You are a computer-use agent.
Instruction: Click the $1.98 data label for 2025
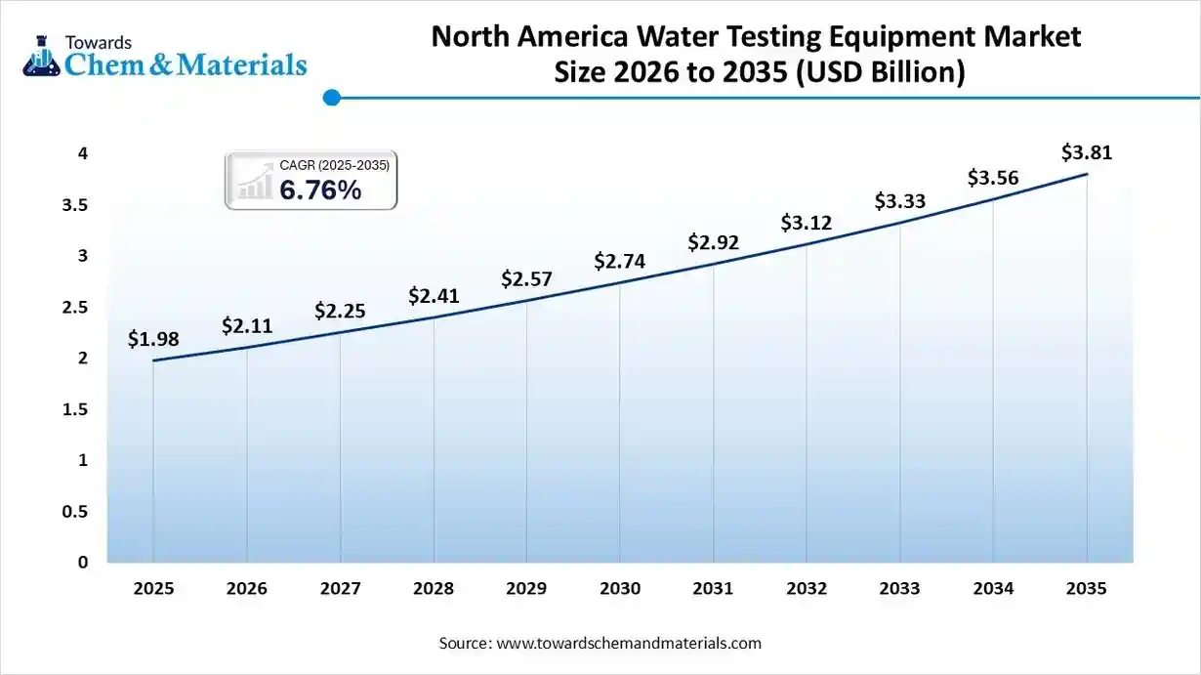point(153,339)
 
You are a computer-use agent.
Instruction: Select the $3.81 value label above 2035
point(1087,153)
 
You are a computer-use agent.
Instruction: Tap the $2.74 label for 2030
point(620,261)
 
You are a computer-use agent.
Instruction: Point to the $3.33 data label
point(899,201)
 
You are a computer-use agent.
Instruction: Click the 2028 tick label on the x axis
point(434,589)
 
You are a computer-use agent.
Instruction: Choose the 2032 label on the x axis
point(807,589)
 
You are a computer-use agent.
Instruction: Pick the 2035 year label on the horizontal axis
point(1087,589)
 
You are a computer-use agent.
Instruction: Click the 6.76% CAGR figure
point(320,190)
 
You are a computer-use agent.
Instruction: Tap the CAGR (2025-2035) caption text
point(334,166)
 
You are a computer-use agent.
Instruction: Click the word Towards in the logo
point(98,42)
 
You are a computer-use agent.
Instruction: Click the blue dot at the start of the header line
point(331,98)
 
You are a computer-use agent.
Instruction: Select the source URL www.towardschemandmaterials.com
point(629,644)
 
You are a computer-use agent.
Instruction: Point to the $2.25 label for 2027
point(340,311)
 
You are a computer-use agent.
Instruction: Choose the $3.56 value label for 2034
point(993,178)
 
